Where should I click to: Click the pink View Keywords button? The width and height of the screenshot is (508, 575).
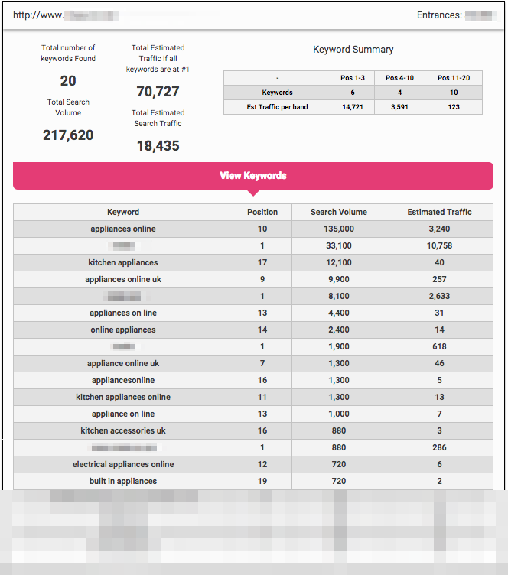(253, 176)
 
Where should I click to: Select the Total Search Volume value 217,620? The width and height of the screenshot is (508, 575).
(69, 135)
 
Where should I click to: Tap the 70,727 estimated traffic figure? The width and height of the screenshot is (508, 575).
(158, 92)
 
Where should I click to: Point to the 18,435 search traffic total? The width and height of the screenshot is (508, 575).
(158, 145)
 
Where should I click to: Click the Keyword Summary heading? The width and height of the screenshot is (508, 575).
(353, 50)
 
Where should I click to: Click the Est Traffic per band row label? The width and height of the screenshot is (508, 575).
(277, 107)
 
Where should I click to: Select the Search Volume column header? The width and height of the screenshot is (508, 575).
(338, 212)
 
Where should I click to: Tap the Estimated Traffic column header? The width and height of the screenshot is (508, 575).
(439, 212)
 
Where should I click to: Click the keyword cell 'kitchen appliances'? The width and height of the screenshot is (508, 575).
(123, 262)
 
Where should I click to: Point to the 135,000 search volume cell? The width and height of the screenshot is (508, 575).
(338, 229)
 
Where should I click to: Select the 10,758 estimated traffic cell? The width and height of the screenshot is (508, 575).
(439, 245)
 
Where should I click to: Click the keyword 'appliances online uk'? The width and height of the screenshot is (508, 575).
(123, 279)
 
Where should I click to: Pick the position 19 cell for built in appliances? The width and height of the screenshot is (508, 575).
(262, 481)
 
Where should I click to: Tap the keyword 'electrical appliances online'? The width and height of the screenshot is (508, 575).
(123, 464)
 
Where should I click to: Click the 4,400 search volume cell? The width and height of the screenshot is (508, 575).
(338, 313)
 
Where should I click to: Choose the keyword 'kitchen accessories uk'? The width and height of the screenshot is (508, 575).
(123, 430)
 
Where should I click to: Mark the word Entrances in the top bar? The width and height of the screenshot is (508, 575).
(438, 15)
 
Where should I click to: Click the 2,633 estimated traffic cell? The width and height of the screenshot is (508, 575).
(439, 296)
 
